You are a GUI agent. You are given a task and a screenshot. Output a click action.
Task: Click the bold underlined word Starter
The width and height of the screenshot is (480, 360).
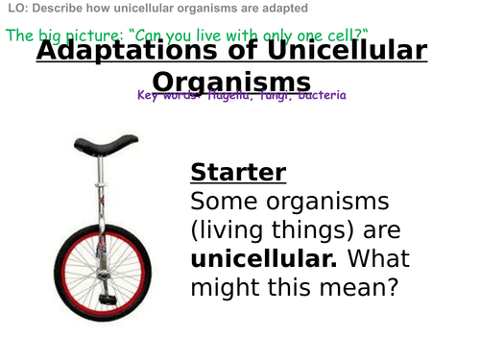(x=238, y=173)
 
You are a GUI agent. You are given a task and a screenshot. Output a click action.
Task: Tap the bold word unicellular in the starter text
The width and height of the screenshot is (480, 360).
(x=262, y=259)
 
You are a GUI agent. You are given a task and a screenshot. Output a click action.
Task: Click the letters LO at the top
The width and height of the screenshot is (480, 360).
(x=15, y=9)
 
